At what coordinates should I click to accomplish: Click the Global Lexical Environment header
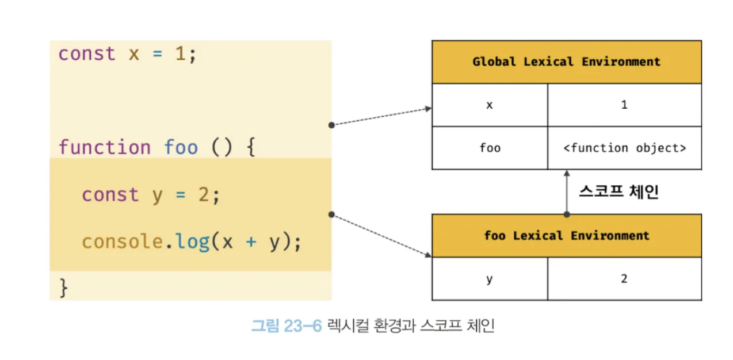pyautogui.click(x=566, y=62)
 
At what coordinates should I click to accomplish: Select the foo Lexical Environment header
pyautogui.click(x=566, y=235)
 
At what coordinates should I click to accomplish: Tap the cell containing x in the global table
pyautogui.click(x=490, y=105)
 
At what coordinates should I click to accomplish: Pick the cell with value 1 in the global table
pyautogui.click(x=624, y=105)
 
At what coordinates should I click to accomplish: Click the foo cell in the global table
pyautogui.click(x=490, y=148)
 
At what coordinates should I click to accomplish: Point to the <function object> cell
pyautogui.click(x=624, y=148)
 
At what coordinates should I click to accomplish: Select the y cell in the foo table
pyautogui.click(x=490, y=279)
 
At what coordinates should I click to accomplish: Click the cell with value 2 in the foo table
pyautogui.click(x=624, y=279)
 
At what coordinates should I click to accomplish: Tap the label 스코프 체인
pyautogui.click(x=618, y=192)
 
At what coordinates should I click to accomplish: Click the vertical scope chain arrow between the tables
pyautogui.click(x=567, y=192)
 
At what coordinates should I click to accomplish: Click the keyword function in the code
pyautogui.click(x=104, y=147)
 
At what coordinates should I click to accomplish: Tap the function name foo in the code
pyautogui.click(x=181, y=147)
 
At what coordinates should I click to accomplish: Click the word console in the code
pyautogui.click(x=123, y=242)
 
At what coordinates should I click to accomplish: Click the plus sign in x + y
pyautogui.click(x=250, y=242)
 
